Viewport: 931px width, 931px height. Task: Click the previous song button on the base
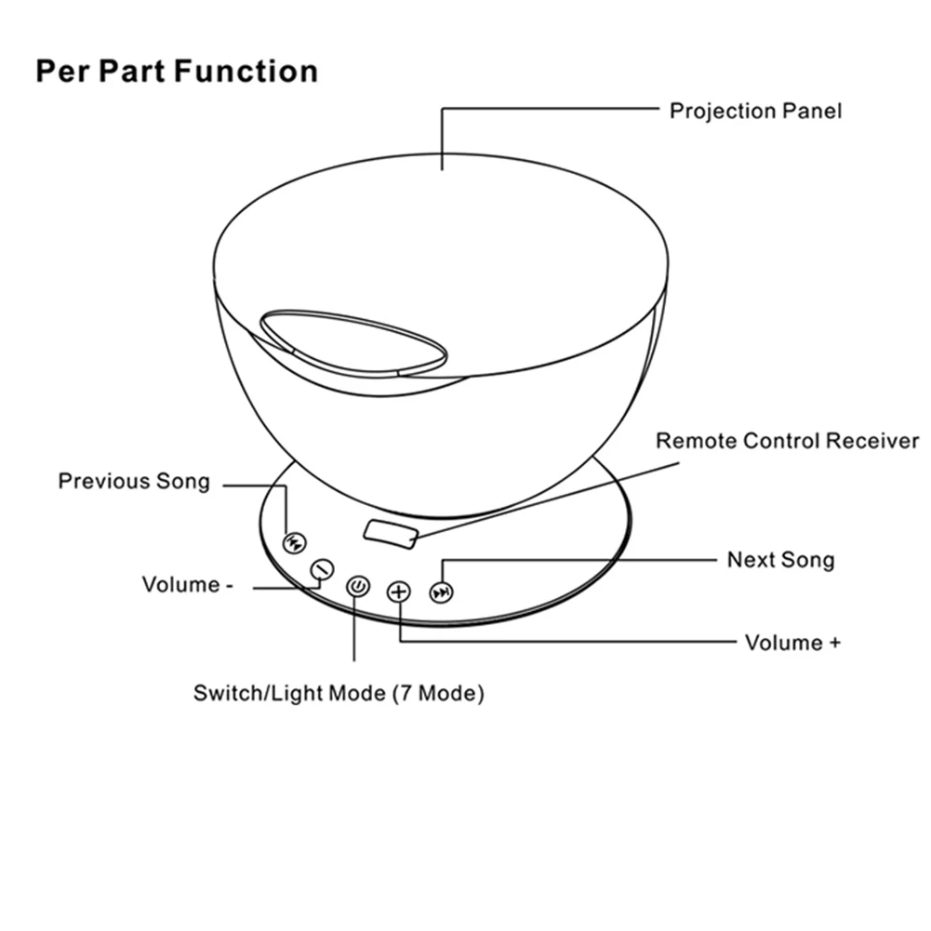coord(294,542)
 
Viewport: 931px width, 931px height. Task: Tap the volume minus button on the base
coord(322,568)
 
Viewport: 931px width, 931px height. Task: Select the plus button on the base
coord(399,592)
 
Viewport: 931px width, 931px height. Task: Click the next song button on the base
coord(443,592)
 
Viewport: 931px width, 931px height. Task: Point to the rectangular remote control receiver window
coord(392,531)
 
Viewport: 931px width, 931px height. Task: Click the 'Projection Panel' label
coord(755,111)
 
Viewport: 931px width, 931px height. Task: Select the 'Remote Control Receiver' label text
coord(787,440)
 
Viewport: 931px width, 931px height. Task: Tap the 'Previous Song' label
coord(134,481)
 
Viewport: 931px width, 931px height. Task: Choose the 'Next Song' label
coord(780,559)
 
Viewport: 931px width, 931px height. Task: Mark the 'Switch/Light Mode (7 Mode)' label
coord(339,693)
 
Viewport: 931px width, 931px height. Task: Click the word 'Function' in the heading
coord(246,71)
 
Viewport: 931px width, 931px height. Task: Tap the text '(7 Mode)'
coord(437,693)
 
